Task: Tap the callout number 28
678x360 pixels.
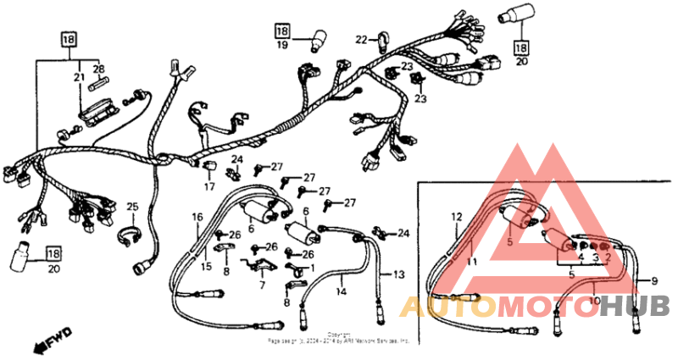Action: point(98,69)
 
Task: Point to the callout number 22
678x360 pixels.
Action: point(361,40)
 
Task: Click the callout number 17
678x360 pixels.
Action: point(208,186)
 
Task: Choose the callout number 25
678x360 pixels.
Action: point(131,207)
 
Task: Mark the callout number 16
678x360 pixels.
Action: point(196,218)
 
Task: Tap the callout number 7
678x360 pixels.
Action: point(262,285)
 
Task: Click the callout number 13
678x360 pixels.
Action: point(399,274)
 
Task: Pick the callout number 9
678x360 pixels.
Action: point(653,280)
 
